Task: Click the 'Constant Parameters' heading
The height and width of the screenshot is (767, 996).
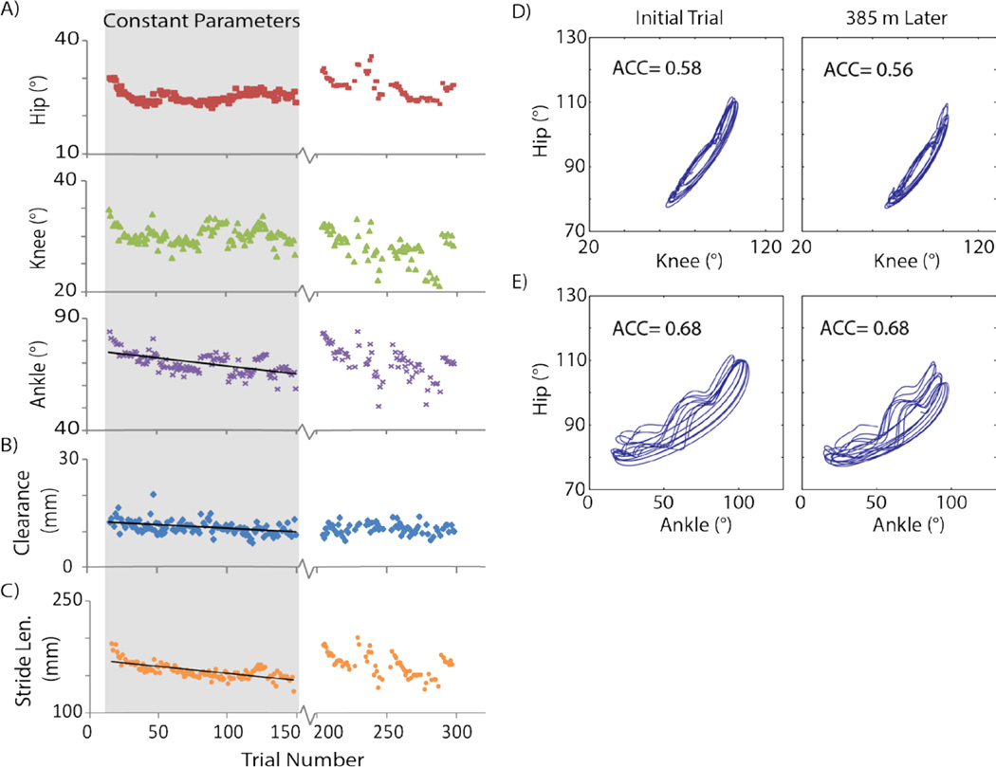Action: pyautogui.click(x=200, y=19)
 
